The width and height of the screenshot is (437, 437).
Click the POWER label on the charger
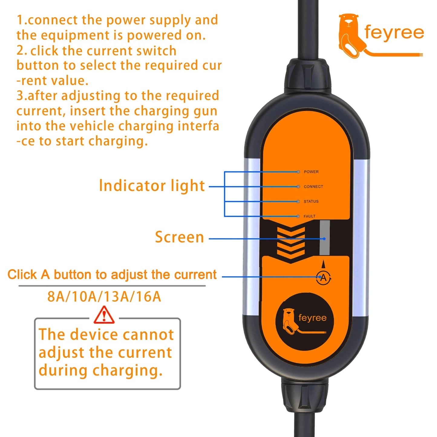[x=311, y=172]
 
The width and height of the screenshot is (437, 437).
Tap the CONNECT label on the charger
[x=313, y=187]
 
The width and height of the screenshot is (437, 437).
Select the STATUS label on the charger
[x=311, y=201]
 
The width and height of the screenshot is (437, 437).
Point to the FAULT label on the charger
[x=309, y=216]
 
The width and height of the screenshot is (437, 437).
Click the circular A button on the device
[x=323, y=278]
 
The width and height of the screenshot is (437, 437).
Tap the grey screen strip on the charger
[x=324, y=238]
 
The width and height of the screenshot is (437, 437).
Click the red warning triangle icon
[x=104, y=315]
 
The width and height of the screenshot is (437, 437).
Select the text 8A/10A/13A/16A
[x=104, y=297]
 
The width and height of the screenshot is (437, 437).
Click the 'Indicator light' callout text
[x=152, y=186]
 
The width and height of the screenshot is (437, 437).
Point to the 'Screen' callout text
[x=179, y=237]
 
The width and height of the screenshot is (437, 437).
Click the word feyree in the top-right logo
[x=394, y=33]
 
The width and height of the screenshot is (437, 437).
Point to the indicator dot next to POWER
[x=298, y=172]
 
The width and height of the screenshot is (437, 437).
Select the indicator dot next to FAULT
[x=298, y=216]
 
